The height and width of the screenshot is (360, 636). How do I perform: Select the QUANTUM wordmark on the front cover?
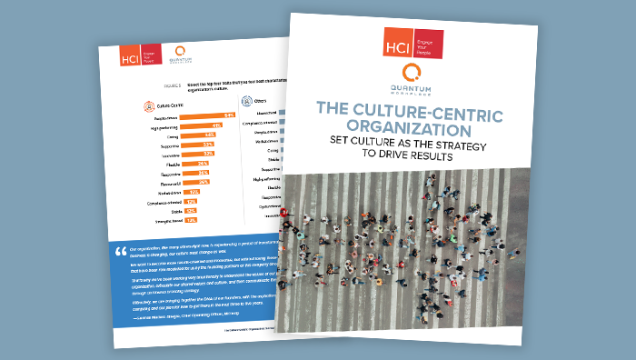[x=413, y=89]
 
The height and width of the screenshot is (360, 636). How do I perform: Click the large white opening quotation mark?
[x=120, y=249]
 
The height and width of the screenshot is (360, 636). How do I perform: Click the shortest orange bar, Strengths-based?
[x=190, y=220]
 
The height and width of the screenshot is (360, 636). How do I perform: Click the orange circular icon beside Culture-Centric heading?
[x=149, y=105]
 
